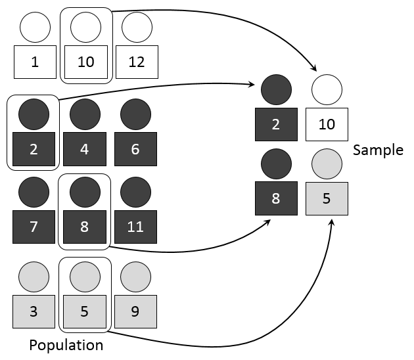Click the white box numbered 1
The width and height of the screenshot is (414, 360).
click(x=35, y=62)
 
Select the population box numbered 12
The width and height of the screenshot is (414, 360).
click(x=137, y=62)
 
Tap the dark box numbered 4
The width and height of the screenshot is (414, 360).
click(x=85, y=148)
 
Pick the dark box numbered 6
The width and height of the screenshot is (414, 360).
click(x=135, y=148)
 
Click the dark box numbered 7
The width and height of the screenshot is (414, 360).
click(x=34, y=228)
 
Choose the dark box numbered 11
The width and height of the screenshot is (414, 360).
click(x=135, y=228)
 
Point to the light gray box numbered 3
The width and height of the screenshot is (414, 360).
click(x=34, y=311)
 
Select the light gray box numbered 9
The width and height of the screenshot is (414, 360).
click(x=135, y=311)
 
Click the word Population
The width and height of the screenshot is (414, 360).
click(x=66, y=345)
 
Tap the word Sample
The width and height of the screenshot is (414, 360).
click(x=378, y=150)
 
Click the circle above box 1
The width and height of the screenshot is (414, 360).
click(x=35, y=27)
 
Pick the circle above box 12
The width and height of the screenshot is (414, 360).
click(x=137, y=27)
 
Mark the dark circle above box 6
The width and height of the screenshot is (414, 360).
click(x=135, y=113)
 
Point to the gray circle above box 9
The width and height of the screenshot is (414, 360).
click(x=135, y=276)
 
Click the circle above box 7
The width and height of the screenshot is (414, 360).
click(x=34, y=192)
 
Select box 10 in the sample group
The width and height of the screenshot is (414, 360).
click(x=327, y=125)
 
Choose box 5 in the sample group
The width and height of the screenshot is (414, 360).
click(x=327, y=198)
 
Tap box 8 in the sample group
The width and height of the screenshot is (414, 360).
click(x=276, y=198)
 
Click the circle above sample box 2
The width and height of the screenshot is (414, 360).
click(x=276, y=89)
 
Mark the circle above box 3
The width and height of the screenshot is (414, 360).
click(x=34, y=276)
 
